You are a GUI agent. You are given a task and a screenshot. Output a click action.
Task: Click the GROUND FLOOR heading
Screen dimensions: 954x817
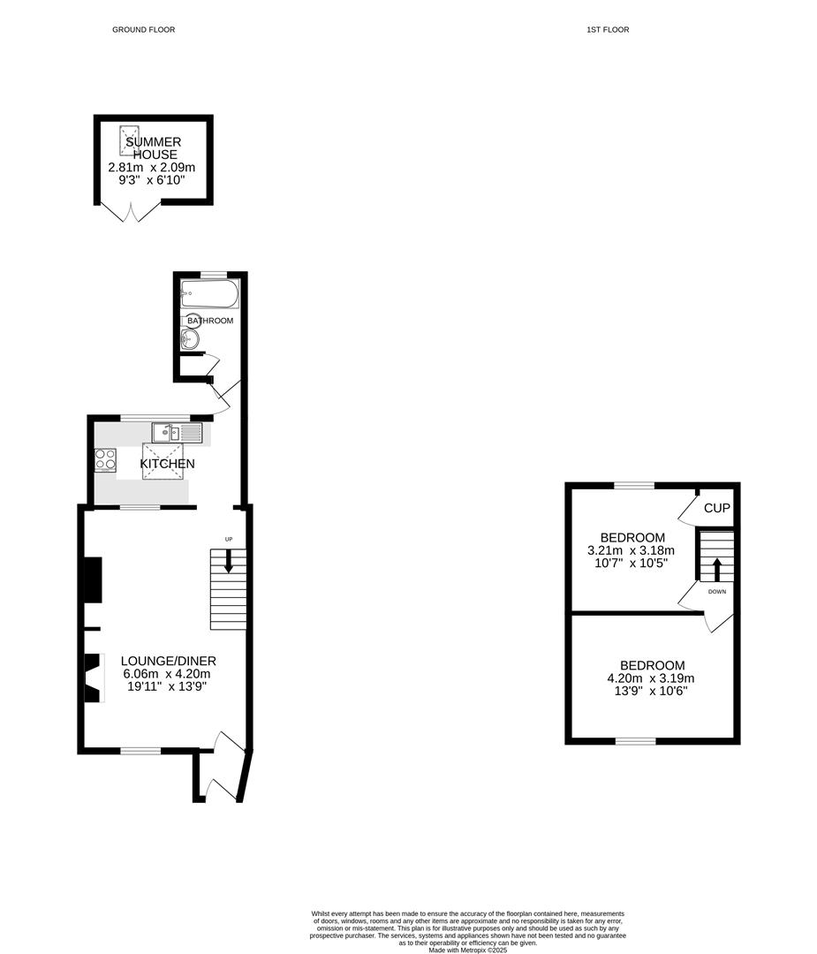tap(143, 30)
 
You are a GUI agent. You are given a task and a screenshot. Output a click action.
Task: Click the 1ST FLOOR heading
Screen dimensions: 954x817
tap(608, 30)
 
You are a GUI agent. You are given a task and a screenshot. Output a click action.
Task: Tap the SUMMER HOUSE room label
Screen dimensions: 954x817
tap(153, 148)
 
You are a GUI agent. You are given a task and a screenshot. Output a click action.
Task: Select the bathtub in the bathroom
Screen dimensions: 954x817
tap(209, 293)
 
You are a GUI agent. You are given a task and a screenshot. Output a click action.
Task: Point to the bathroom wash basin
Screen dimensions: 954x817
tap(188, 339)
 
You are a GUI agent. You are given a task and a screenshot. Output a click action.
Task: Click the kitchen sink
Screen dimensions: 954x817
tap(177, 432)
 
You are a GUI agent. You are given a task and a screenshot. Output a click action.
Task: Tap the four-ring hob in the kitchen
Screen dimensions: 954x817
tap(106, 460)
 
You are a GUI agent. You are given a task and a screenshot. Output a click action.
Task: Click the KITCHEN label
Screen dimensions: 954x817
tap(168, 464)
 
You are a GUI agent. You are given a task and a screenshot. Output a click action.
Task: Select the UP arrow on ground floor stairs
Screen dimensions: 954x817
tap(229, 561)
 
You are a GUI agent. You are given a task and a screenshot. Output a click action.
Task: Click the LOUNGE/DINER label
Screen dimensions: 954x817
tap(169, 661)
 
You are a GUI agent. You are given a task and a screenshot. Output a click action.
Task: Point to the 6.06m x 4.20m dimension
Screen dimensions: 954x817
tap(169, 673)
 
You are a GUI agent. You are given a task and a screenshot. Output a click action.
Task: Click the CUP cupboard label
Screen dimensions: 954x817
tap(716, 509)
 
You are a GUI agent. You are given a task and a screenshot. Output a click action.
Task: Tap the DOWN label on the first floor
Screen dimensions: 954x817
tap(716, 592)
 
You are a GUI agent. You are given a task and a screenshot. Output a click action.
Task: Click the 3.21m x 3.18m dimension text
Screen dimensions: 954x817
tap(631, 550)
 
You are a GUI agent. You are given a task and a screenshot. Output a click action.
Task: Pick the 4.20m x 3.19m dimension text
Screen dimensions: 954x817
tap(652, 678)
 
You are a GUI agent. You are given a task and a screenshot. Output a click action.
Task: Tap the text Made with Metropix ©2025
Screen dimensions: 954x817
tap(468, 950)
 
